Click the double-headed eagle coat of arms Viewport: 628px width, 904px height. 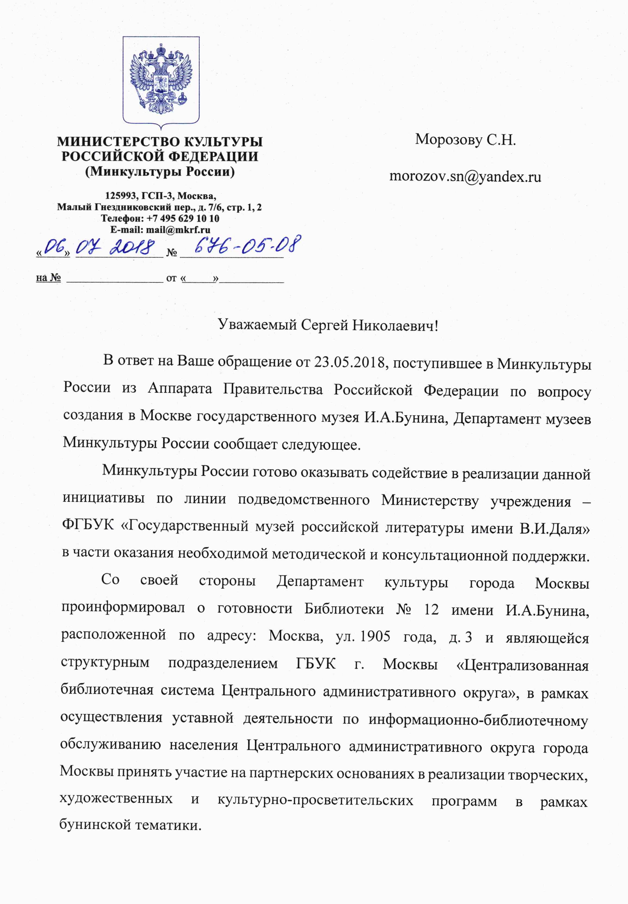click(x=161, y=81)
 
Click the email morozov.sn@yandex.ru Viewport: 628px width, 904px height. click(x=465, y=177)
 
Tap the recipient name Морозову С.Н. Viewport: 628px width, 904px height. click(x=465, y=140)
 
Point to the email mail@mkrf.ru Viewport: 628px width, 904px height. click(x=178, y=230)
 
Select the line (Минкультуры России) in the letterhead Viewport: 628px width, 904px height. click(x=160, y=172)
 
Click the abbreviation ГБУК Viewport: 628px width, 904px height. click(x=316, y=663)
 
